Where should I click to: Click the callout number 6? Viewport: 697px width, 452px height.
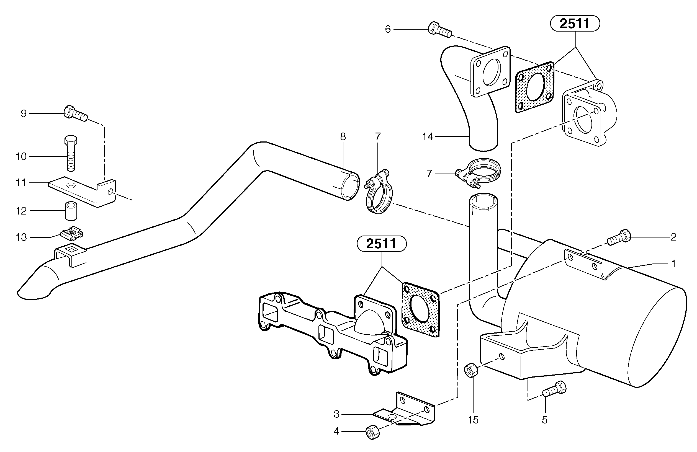387,29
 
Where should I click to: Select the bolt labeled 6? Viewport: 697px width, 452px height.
439,30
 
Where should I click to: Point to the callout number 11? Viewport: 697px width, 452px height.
21,183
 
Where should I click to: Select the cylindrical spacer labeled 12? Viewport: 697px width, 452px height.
71,211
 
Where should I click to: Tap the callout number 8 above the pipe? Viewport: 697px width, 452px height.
343,136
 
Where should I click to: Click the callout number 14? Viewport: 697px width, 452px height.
428,136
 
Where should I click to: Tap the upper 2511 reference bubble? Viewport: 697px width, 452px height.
575,24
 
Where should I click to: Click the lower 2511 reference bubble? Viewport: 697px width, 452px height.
381,244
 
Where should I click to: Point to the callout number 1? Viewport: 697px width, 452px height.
673,264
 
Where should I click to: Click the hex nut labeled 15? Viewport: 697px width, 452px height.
471,370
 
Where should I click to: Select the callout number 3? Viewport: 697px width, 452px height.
336,414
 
